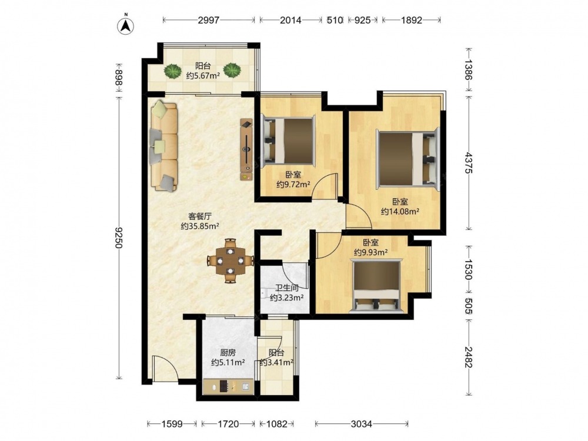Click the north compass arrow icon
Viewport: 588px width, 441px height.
(x=126, y=25)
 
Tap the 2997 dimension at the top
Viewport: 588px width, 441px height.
(x=209, y=20)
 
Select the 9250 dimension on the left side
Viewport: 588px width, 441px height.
(x=119, y=238)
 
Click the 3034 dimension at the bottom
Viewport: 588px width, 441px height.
(x=362, y=424)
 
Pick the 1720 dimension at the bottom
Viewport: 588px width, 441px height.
(x=228, y=424)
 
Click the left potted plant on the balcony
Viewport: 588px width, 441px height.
(x=172, y=71)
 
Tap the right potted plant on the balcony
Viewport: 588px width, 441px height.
(x=232, y=71)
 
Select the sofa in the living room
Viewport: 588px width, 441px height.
(x=164, y=146)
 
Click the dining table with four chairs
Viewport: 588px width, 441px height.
(x=230, y=260)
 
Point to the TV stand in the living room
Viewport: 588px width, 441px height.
(x=246, y=150)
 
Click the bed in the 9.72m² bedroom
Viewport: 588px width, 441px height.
(x=288, y=141)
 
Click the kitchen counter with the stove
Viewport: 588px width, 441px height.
(x=228, y=387)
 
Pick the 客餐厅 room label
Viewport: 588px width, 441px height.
(x=200, y=216)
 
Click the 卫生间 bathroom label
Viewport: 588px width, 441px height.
(x=287, y=288)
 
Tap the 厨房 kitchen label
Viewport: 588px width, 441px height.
(x=228, y=353)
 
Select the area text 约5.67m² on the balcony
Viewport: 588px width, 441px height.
(x=203, y=76)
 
